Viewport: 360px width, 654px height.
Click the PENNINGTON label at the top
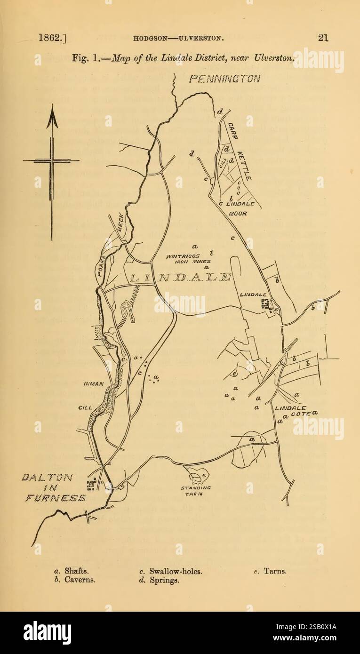coord(224,79)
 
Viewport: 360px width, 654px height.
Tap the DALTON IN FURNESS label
coord(55,487)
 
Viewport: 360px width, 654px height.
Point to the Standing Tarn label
coord(196,491)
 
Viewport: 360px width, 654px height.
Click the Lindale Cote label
coord(291,411)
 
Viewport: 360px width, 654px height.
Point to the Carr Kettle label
coord(239,152)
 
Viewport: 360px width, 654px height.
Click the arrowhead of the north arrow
coord(52,118)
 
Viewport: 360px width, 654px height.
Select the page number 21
coord(323,38)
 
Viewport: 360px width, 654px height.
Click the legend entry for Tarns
coord(270,571)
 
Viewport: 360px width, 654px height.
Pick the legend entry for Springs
coord(160,580)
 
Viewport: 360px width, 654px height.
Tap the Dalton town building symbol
coord(91,484)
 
